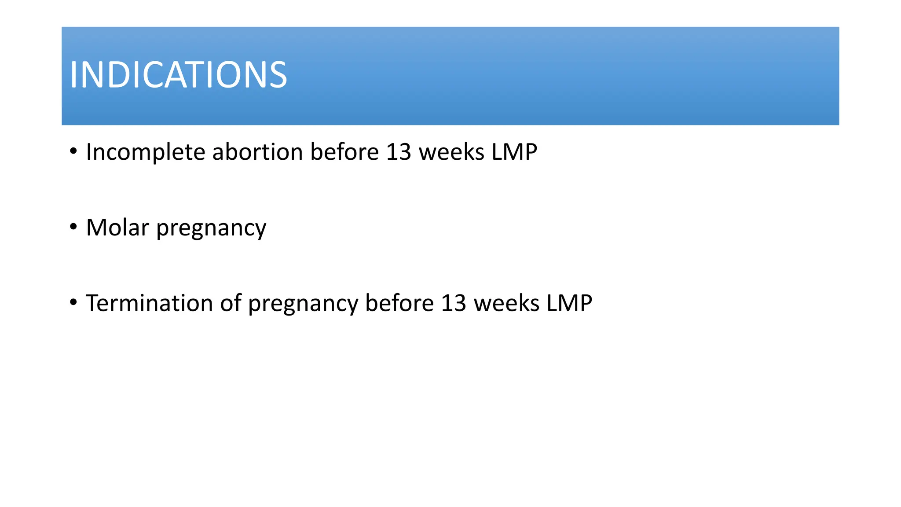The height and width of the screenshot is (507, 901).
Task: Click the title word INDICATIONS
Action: (x=178, y=75)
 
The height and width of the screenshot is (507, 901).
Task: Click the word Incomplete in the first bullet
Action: (x=146, y=152)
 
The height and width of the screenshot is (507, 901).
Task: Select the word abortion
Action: (x=257, y=152)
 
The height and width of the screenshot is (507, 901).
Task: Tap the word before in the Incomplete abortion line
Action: (x=344, y=152)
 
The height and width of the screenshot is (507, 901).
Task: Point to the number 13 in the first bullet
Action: (x=398, y=152)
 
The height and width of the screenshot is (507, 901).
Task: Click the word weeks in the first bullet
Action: (x=451, y=152)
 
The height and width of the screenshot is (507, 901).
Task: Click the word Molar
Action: (x=117, y=228)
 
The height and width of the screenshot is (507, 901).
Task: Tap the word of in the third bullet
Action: (x=231, y=303)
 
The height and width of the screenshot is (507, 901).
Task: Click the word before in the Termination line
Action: (x=399, y=303)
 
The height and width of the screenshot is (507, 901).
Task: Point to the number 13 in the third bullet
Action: (x=453, y=303)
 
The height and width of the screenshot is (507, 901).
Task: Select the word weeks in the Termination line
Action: (x=506, y=303)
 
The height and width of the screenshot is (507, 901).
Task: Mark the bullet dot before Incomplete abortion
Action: (x=73, y=152)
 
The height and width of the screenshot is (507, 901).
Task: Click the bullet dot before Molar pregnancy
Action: (x=73, y=227)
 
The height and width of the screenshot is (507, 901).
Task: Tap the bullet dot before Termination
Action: (x=73, y=303)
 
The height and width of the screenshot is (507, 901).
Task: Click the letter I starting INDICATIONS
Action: (x=73, y=75)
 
